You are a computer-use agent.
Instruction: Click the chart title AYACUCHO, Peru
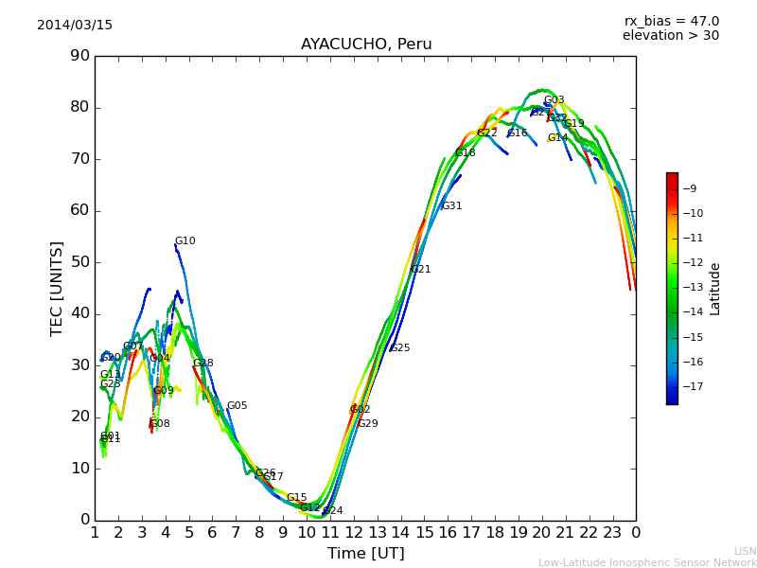(366, 44)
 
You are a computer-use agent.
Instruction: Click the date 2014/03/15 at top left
(75, 26)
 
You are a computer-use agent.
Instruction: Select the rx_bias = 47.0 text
(671, 22)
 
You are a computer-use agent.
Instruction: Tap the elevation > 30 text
(671, 36)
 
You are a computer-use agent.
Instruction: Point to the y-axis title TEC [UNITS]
(57, 288)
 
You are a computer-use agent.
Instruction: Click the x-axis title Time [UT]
(365, 554)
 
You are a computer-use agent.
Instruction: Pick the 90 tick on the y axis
(80, 56)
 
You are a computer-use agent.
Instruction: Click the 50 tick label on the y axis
(80, 262)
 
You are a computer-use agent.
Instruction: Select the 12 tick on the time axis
(354, 532)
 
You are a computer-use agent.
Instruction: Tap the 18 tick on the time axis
(495, 532)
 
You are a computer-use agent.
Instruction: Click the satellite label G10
(185, 241)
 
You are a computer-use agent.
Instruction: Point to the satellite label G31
(452, 206)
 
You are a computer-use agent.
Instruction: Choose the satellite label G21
(421, 270)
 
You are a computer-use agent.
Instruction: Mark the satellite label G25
(400, 348)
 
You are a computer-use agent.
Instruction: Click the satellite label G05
(238, 406)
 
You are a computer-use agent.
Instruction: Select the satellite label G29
(368, 424)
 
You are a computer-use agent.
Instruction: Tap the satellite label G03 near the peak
(555, 100)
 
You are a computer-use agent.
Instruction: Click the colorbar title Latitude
(715, 289)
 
